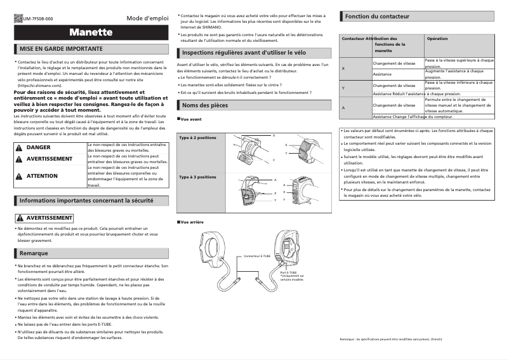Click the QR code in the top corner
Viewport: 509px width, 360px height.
click(x=17, y=18)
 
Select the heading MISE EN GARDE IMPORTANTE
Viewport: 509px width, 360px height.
click(x=61, y=48)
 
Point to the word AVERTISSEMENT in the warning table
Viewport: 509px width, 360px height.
click(x=50, y=159)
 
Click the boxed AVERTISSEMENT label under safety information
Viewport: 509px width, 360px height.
click(x=44, y=218)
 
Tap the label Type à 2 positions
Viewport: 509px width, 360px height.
click(x=197, y=138)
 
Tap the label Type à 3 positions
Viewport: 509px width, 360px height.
click(x=197, y=177)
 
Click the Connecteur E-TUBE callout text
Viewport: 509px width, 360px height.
click(x=257, y=256)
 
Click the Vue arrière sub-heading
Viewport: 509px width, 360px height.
click(x=192, y=222)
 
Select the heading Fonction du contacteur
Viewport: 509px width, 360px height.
click(x=377, y=15)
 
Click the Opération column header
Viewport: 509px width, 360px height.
click(x=438, y=39)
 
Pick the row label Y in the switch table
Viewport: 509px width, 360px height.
click(x=343, y=87)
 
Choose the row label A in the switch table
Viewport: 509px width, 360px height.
click(x=343, y=107)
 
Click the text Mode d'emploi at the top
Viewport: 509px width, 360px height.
click(x=147, y=18)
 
